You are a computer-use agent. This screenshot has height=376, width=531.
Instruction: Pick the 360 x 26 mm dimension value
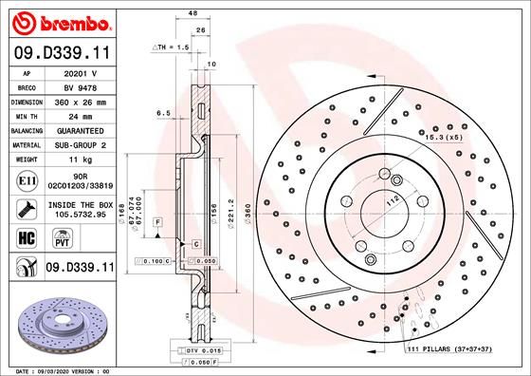(x=81, y=100)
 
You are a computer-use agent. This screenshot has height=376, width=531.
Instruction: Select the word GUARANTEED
(x=81, y=130)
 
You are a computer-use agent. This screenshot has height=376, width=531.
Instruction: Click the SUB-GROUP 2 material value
(x=81, y=145)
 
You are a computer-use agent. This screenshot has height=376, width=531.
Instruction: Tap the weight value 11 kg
(x=81, y=160)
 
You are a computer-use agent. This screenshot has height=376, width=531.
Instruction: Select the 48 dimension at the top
(x=192, y=14)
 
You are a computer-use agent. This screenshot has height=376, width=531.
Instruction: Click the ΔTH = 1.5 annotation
(x=172, y=47)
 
